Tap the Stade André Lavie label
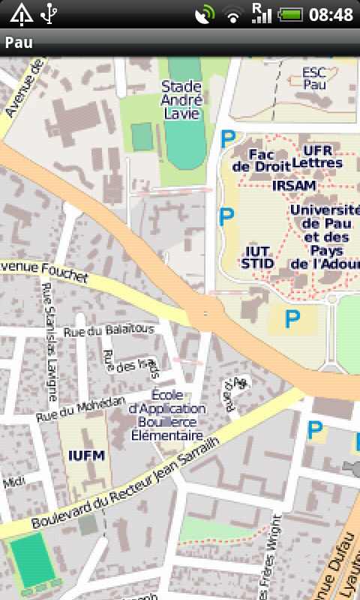[x=181, y=100]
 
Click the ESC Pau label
[x=316, y=79]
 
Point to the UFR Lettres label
[x=317, y=156]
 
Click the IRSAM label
[x=293, y=185]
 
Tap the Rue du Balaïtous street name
[x=109, y=330]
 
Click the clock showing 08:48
[x=331, y=14]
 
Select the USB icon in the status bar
[x=49, y=13]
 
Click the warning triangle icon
[x=20, y=13]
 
